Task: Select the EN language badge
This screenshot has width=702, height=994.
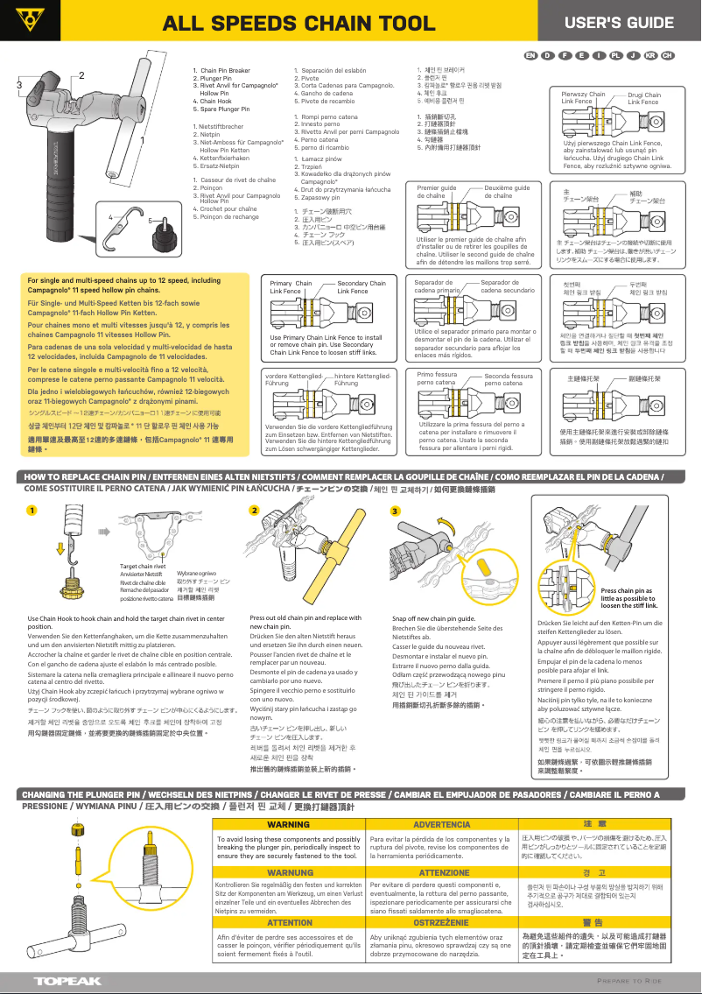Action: tap(530, 55)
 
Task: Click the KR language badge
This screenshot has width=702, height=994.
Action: tap(650, 55)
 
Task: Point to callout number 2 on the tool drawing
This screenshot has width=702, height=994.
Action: tap(81, 75)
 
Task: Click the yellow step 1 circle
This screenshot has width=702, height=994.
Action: tap(32, 511)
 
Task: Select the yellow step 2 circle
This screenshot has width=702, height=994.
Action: tap(254, 511)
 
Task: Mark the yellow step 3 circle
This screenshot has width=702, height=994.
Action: tap(395, 511)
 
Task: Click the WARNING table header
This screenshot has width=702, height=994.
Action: tap(288, 825)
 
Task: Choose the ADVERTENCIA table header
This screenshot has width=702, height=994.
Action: tap(441, 825)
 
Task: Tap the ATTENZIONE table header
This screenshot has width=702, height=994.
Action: tap(441, 873)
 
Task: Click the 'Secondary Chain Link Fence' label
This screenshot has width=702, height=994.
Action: tap(361, 286)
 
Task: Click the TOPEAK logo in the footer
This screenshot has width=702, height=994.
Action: tap(67, 981)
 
